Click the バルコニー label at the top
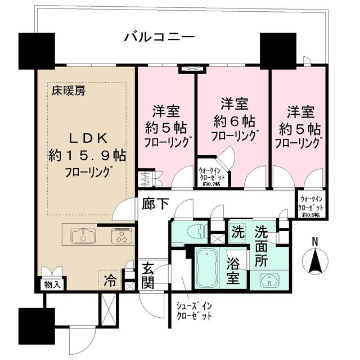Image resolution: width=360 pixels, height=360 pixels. (x=160, y=38)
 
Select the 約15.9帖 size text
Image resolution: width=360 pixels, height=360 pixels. (x=87, y=155)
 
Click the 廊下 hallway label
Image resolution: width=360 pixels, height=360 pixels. (x=155, y=204)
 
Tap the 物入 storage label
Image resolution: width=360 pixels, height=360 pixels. (x=53, y=285)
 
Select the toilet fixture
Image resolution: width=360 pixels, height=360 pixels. (x=186, y=231)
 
